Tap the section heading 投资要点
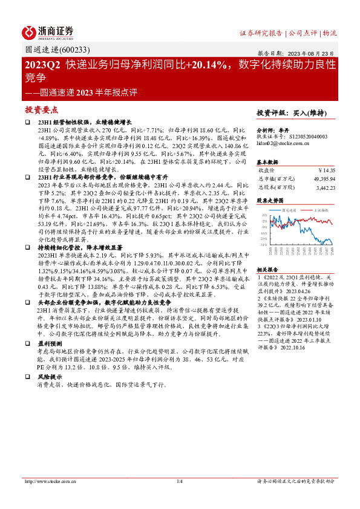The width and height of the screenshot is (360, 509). coord(41,110)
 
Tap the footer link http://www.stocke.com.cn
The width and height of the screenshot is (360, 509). coord(49,481)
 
